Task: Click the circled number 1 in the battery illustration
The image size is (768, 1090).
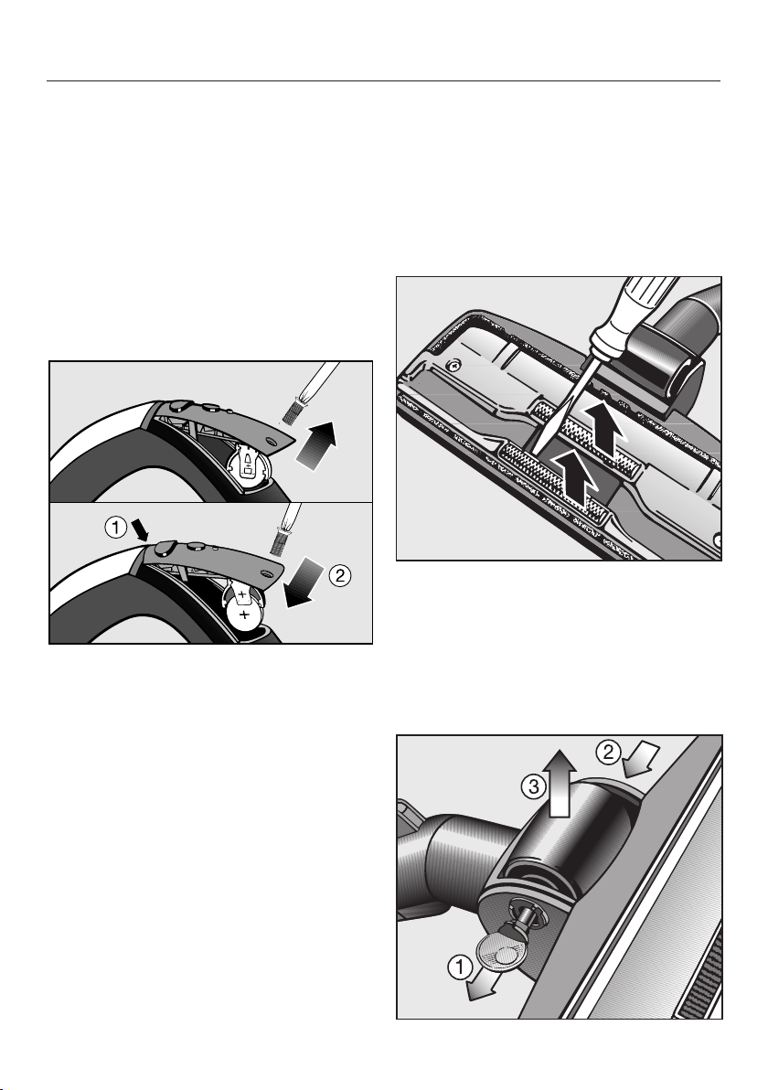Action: (116, 528)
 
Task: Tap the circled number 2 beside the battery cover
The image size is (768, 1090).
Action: (340, 575)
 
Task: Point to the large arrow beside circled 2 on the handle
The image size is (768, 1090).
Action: (304, 583)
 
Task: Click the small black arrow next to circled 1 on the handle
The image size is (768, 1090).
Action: (141, 532)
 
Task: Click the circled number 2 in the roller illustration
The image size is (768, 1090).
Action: (608, 752)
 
